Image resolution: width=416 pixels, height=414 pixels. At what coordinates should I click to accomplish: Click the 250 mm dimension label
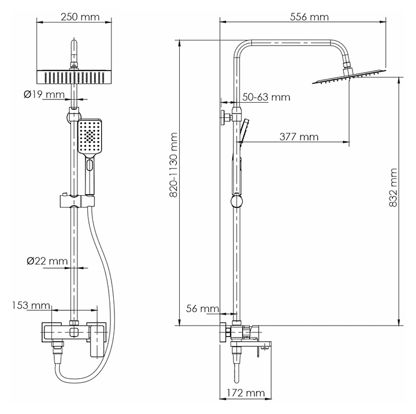[80, 17]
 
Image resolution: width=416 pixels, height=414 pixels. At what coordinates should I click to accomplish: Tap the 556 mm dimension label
[309, 17]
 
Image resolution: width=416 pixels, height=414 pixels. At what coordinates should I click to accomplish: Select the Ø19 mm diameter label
[44, 95]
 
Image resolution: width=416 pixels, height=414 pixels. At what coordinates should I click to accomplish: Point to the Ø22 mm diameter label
[47, 261]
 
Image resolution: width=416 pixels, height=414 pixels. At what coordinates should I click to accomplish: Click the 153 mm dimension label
[31, 305]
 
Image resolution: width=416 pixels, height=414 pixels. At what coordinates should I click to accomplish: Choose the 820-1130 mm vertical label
[173, 165]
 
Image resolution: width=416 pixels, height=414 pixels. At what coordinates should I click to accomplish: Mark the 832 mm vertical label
[393, 188]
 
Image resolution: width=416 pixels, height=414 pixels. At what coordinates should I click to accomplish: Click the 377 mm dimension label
[299, 137]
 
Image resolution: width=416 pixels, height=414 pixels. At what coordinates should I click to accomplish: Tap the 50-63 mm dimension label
[266, 97]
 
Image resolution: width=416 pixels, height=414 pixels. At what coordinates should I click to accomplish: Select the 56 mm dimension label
[202, 309]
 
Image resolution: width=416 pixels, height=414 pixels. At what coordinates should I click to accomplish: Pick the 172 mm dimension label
[246, 393]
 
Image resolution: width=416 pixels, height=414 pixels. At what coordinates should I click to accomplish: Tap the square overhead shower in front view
[74, 77]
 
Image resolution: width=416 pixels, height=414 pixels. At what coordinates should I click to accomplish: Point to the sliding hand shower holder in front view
[77, 202]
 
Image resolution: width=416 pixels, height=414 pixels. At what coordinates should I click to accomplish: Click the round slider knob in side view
[236, 200]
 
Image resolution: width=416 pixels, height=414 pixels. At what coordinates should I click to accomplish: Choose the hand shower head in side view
[244, 130]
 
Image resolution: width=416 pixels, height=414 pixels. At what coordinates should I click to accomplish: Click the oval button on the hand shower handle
[90, 165]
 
